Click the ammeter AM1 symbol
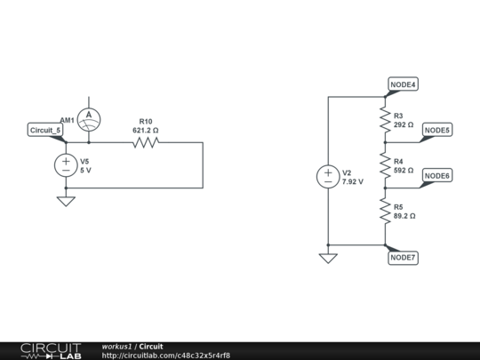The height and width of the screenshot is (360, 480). point(87,118)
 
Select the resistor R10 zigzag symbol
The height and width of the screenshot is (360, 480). point(145,141)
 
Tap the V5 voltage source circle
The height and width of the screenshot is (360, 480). point(65,164)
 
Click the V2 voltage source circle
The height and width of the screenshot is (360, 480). point(328,176)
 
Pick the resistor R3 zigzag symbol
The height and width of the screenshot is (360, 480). point(385,119)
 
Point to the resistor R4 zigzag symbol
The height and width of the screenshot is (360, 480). point(385,165)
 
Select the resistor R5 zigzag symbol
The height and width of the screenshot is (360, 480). point(385,211)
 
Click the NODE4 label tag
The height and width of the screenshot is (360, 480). point(403,84)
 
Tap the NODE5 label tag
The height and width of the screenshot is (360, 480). point(436,131)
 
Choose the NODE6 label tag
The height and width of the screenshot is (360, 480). point(436,176)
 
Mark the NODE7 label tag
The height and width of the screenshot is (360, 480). point(403,258)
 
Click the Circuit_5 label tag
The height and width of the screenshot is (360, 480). point(45,131)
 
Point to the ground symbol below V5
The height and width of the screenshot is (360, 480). point(65,201)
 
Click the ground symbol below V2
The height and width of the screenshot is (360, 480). point(328,258)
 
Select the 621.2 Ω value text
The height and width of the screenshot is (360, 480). point(145,131)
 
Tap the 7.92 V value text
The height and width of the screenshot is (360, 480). point(353,181)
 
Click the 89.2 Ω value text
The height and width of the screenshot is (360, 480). point(404,216)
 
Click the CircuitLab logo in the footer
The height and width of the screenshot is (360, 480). point(50,350)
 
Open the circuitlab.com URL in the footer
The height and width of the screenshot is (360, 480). point(166,356)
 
